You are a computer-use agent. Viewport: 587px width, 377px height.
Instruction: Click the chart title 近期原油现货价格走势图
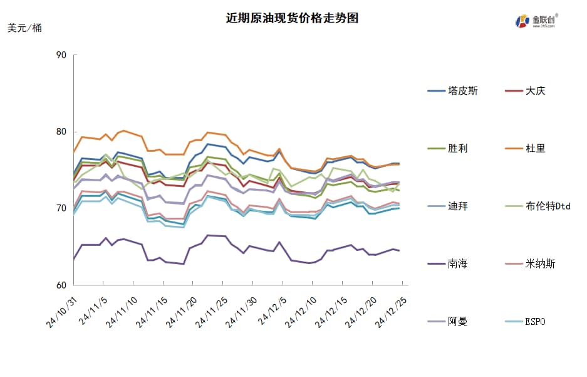coord(293,18)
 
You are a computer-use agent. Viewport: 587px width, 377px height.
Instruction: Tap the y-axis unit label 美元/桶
coord(25,28)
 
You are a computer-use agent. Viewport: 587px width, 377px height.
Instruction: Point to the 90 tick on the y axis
coord(61,55)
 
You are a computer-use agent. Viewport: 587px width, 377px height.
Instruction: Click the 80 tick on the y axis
coord(61,132)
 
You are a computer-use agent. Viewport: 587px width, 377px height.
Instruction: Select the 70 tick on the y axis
coord(61,208)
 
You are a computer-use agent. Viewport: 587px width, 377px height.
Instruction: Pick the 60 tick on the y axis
coord(61,285)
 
